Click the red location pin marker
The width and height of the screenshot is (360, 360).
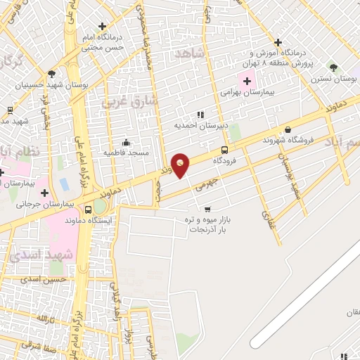181,165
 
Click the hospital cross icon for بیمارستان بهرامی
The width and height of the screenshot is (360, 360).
246,82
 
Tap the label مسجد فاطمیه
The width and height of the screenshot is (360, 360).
124,152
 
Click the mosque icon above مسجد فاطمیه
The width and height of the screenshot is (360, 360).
125,142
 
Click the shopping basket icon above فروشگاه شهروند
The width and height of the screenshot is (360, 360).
288,129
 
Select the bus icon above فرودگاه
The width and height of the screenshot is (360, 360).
224,149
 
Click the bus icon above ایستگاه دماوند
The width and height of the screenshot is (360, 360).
88,210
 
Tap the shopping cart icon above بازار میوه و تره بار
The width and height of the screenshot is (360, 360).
207,209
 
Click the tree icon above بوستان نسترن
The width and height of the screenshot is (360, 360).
333,68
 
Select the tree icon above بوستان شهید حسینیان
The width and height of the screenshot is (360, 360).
51,73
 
